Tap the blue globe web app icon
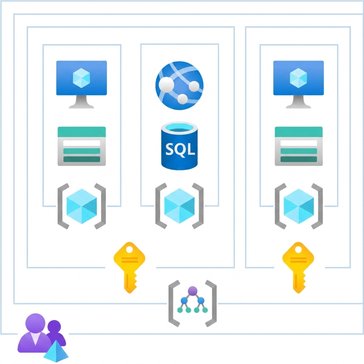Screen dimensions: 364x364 180,85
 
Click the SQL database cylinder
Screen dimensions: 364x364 180,146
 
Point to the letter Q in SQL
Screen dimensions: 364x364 180,150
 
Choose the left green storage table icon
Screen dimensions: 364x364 82,146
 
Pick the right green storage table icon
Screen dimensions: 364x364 299,146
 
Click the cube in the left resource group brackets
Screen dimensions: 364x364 82,206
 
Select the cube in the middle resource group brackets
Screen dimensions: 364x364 180,206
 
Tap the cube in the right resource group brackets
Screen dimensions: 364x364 299,206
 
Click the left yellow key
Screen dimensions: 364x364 129,267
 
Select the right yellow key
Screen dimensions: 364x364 298,267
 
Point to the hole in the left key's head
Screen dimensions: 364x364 129,250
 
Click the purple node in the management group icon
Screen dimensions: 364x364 192,291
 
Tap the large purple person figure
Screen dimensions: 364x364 35,333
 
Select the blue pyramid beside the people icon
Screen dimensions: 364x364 56,351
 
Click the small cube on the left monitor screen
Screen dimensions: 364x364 81,78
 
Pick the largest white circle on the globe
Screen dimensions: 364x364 166,85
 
